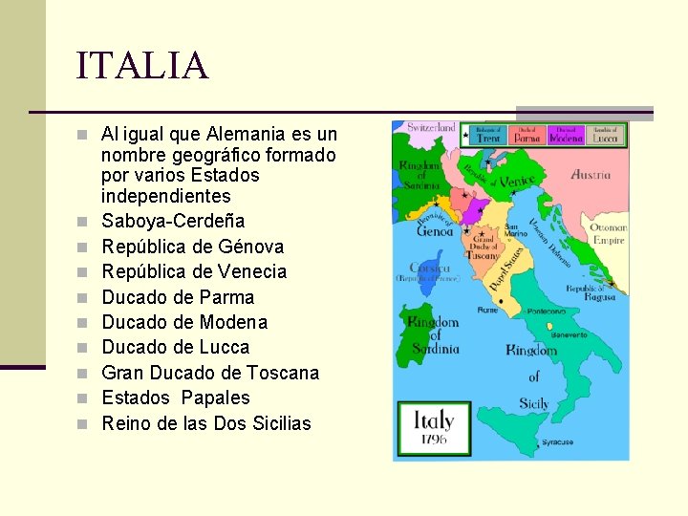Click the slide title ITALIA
[x=141, y=66]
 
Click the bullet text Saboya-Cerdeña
[x=173, y=221]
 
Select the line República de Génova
[x=193, y=247]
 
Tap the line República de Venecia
[x=194, y=271]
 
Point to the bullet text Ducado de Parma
[x=178, y=297]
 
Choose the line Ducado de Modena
[x=184, y=322]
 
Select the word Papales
[x=215, y=398]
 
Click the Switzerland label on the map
[x=432, y=127]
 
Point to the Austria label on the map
[x=591, y=175]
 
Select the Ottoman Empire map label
[x=608, y=234]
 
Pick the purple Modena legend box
[x=567, y=135]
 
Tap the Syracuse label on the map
[x=557, y=442]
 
